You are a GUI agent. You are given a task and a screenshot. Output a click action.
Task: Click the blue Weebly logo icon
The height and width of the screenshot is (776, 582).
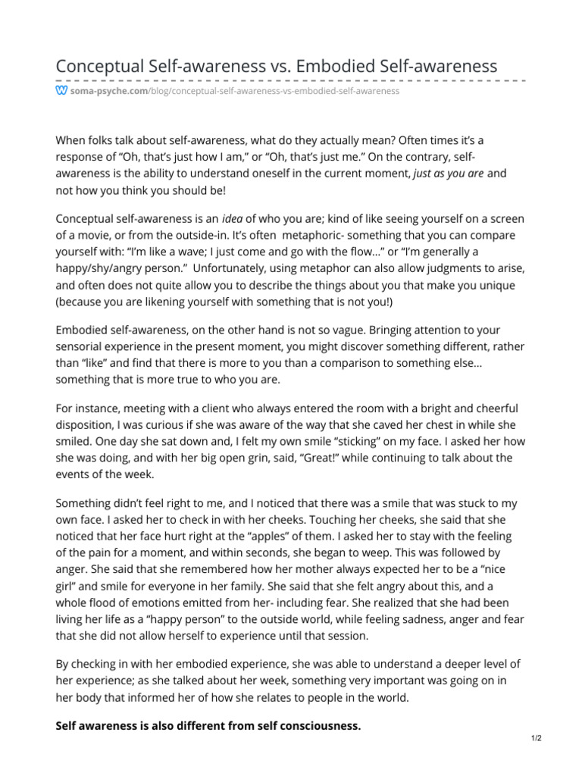click(x=61, y=90)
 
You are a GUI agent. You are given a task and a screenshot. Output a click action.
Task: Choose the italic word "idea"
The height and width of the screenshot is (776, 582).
click(x=236, y=219)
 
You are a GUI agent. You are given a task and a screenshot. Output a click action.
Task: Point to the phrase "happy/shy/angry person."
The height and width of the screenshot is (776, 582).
click(x=117, y=268)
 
